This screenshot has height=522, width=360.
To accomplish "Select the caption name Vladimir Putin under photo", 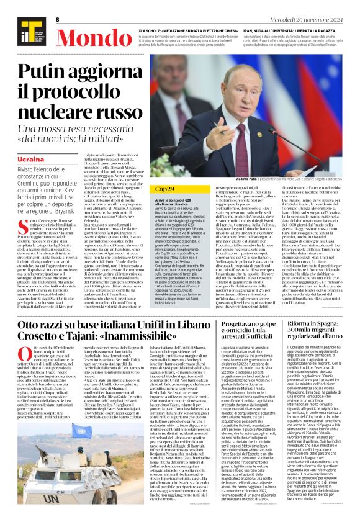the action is click(x=247, y=178).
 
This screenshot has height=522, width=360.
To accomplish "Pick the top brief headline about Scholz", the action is click(x=190, y=30).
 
